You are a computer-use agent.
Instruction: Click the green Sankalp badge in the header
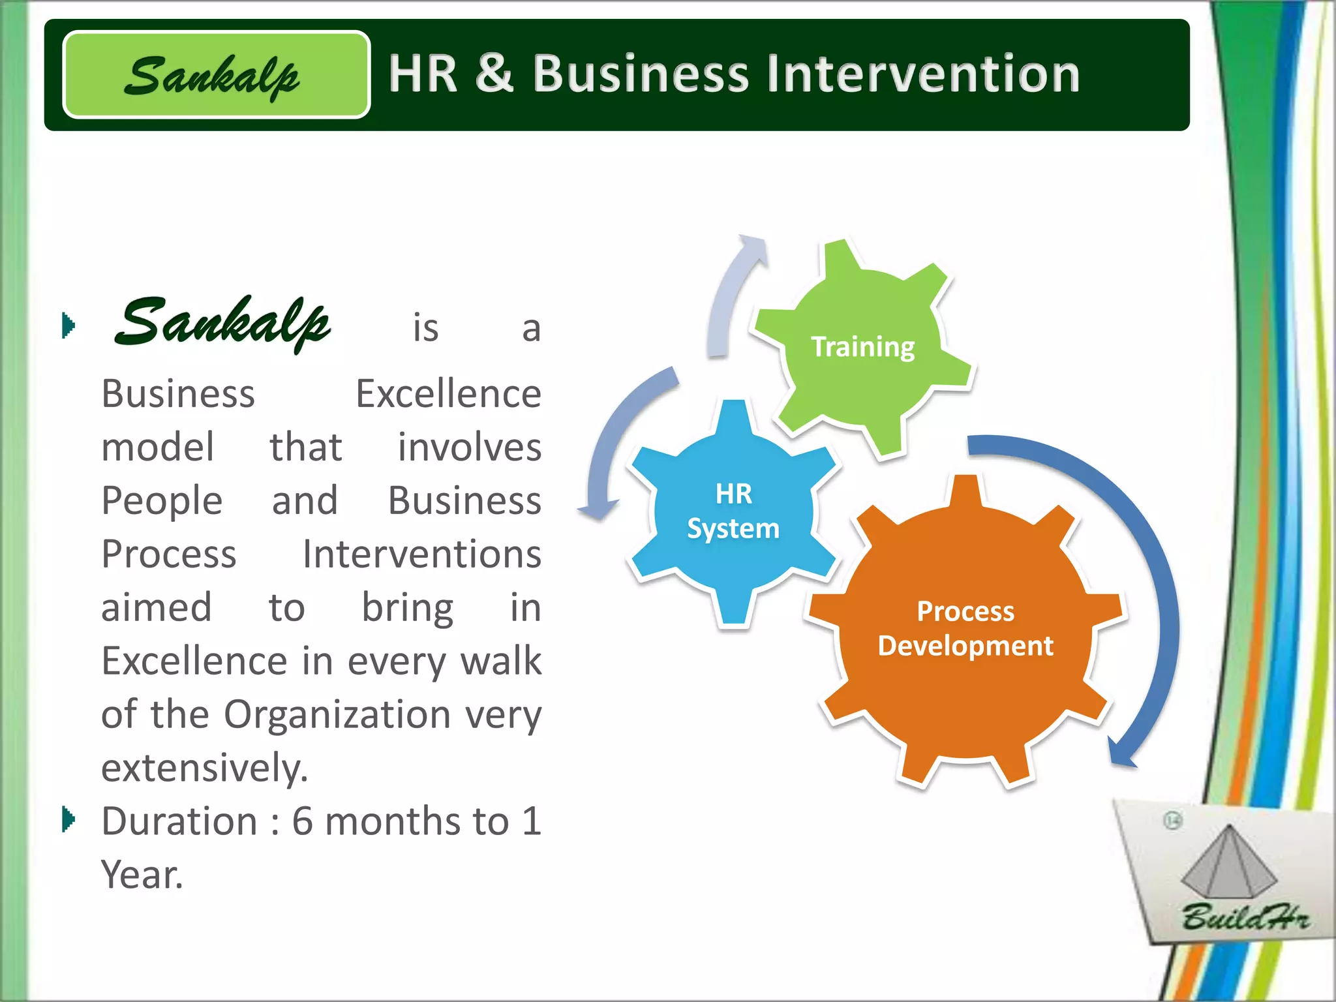217,75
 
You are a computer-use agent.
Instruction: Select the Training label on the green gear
862,346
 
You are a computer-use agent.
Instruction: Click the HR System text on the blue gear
733,511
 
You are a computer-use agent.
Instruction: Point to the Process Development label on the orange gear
965,628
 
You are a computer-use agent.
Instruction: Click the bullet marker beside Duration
68,819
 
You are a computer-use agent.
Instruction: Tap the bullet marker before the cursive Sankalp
68,326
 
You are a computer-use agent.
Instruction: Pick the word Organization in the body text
337,714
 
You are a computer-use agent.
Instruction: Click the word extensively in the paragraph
204,767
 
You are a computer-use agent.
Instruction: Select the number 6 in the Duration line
302,821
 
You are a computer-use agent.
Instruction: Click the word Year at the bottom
142,874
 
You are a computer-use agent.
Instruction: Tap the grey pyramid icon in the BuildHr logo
1228,862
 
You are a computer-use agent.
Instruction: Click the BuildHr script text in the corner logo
1245,917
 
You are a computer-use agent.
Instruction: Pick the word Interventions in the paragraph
421,554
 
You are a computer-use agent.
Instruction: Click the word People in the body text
162,500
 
